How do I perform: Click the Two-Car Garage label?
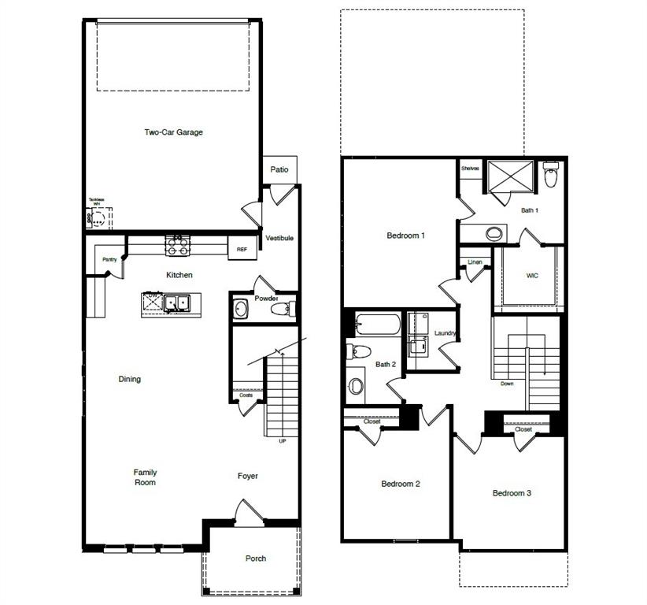pyautogui.click(x=173, y=132)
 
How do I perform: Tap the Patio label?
pyautogui.click(x=279, y=169)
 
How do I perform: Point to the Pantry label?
pyautogui.click(x=109, y=260)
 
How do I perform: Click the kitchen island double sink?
pyautogui.click(x=176, y=302)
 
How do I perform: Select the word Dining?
pyautogui.click(x=130, y=379)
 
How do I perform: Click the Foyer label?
pyautogui.click(x=248, y=476)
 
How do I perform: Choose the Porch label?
pyautogui.click(x=256, y=559)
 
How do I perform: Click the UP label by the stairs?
pyautogui.click(x=283, y=441)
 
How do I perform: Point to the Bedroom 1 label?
pyautogui.click(x=406, y=236)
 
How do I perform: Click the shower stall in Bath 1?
pyautogui.click(x=510, y=176)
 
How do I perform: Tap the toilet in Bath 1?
pyautogui.click(x=551, y=175)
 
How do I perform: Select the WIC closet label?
pyautogui.click(x=532, y=276)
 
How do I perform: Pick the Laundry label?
pyautogui.click(x=446, y=333)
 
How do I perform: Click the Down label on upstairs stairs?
pyautogui.click(x=507, y=384)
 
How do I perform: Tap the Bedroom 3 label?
pyautogui.click(x=512, y=493)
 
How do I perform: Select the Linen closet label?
pyautogui.click(x=475, y=262)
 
